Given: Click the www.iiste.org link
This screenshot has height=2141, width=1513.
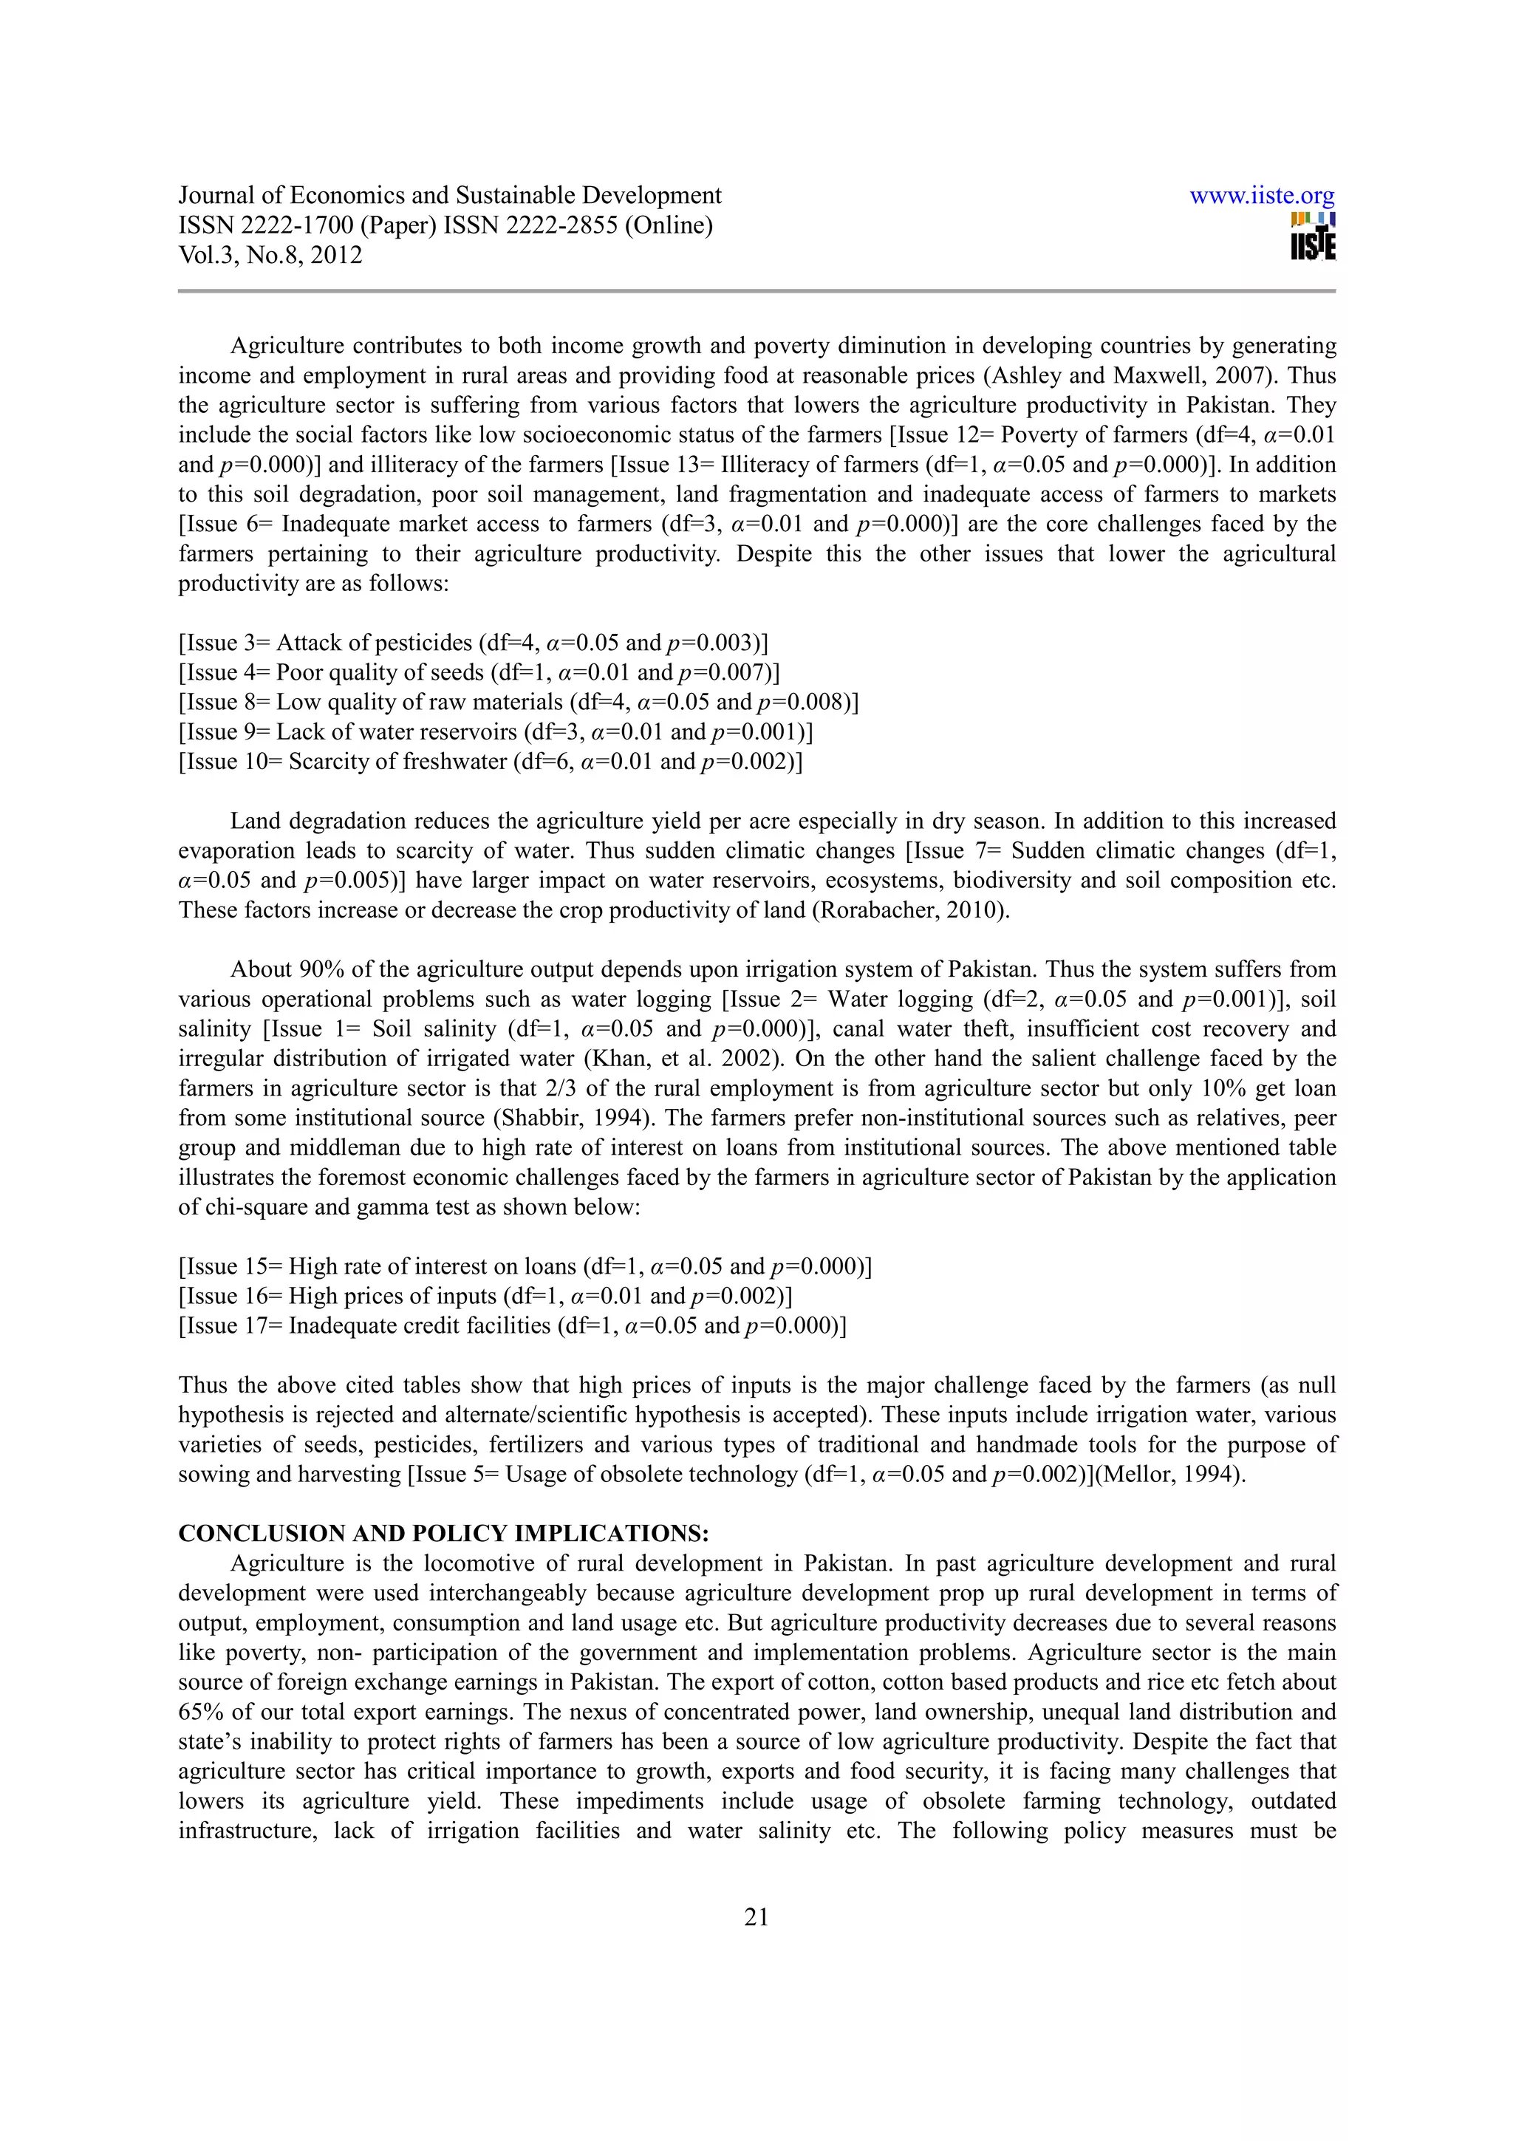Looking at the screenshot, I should [1263, 197].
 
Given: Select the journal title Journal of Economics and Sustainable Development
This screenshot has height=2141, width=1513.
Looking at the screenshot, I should [449, 196].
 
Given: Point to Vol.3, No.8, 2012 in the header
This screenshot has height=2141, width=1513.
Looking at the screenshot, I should [270, 256].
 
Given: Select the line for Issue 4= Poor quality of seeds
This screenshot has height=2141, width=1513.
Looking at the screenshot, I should [479, 672].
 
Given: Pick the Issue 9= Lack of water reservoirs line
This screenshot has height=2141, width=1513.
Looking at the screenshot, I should [496, 732].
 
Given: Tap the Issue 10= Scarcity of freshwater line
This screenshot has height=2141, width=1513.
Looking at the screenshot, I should [491, 762].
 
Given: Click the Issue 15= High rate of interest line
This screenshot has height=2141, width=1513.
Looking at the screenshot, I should [525, 1266].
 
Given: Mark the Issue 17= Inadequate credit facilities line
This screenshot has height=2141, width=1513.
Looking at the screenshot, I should [512, 1326].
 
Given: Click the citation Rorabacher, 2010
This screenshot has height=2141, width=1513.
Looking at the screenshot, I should [912, 911].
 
